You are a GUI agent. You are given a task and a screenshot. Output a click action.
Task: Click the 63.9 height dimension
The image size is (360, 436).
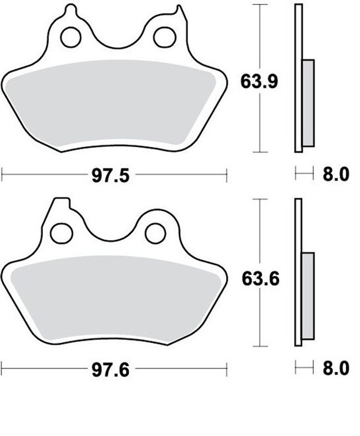259,81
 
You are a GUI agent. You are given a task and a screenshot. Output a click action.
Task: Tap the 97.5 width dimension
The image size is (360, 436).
111,176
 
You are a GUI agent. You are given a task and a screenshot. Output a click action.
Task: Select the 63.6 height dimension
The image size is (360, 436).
260,278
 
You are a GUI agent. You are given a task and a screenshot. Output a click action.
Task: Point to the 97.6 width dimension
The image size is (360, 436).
111,370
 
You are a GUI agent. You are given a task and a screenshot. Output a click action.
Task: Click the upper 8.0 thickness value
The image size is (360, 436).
336,175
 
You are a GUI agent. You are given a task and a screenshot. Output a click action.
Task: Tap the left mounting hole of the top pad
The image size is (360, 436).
71,37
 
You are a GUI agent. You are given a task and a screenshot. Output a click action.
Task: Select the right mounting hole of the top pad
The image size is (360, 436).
165,37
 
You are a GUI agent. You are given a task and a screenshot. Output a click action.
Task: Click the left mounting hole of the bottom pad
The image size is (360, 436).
61,233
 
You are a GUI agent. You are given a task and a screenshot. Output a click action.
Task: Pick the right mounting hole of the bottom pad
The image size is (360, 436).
155,233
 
